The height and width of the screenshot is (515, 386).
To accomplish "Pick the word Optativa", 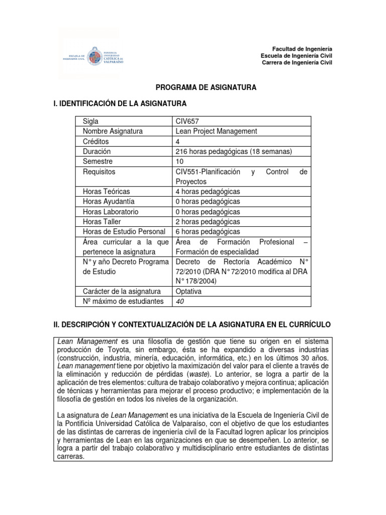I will [188, 291].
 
